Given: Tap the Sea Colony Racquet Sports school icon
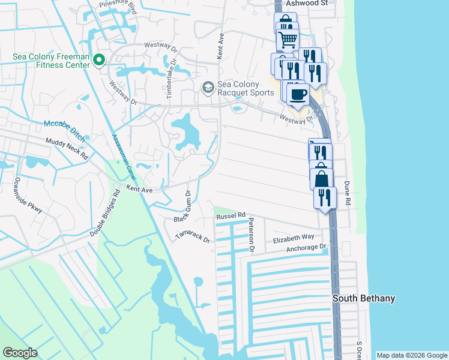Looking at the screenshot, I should tap(208, 88).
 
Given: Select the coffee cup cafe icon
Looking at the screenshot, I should tap(297, 94).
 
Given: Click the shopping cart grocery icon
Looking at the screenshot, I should tap(288, 40).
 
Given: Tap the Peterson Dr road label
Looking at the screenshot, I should tap(252, 234).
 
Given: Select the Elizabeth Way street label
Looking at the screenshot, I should tap(294, 238).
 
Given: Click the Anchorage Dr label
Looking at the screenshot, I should tap(306, 247).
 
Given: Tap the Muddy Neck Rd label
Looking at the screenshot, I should tap(67, 148).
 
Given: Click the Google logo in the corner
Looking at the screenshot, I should tap(20, 353).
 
